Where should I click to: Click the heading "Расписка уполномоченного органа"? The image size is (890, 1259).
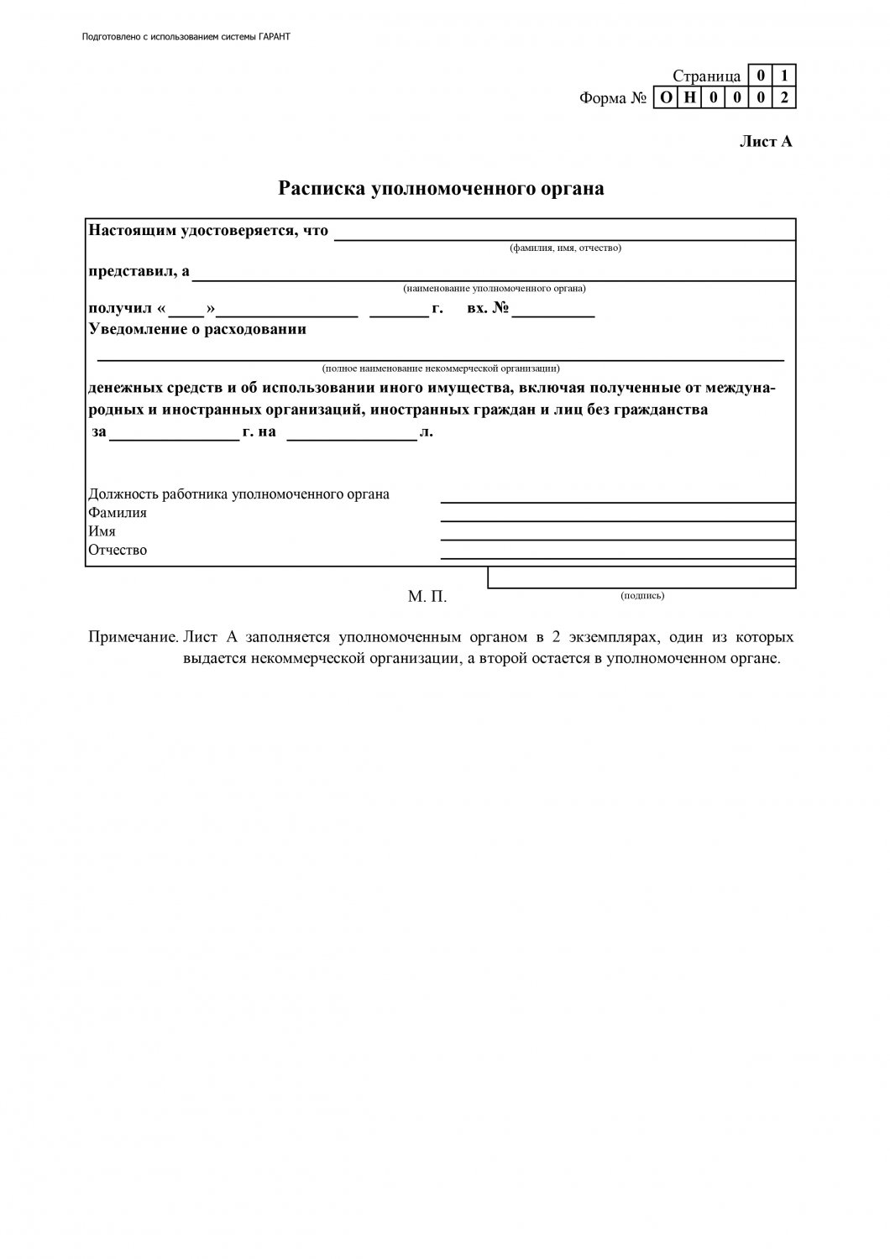[x=441, y=189]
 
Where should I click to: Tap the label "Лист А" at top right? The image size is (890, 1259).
[x=765, y=142]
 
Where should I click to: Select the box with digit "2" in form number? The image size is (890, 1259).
[x=784, y=98]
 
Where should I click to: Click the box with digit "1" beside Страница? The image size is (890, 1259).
[x=784, y=76]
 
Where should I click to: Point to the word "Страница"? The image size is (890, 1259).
[x=706, y=76]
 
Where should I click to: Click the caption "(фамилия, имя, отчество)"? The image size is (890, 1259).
[x=565, y=248]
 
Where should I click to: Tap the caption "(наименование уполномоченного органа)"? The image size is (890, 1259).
[x=494, y=288]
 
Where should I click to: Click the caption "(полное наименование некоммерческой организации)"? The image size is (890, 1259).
[x=441, y=368]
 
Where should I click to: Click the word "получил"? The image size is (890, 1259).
[x=119, y=309]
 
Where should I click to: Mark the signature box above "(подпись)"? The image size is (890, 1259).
[x=641, y=577]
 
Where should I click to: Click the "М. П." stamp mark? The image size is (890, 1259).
[x=427, y=597]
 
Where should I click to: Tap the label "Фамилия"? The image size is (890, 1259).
[x=118, y=513]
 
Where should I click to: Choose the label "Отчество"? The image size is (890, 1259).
[x=118, y=551]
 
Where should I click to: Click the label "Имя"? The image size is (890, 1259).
[x=102, y=531]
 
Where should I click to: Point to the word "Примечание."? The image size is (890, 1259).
[x=133, y=638]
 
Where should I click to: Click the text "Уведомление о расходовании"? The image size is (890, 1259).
[x=197, y=329]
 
